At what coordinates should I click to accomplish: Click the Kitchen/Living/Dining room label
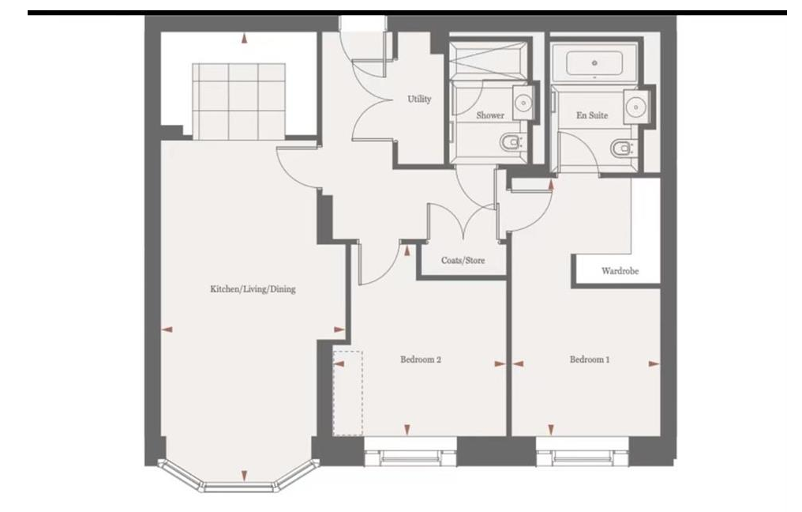(253, 289)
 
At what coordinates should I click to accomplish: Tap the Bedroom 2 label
(421, 360)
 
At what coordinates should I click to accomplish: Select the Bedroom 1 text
(589, 360)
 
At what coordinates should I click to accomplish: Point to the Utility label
(419, 99)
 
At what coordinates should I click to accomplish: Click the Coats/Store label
(463, 260)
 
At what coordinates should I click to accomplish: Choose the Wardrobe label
(620, 271)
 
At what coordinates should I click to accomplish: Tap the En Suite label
(592, 115)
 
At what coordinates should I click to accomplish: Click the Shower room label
(490, 115)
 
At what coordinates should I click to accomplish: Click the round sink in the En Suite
(636, 107)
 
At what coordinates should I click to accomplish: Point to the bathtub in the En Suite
(594, 63)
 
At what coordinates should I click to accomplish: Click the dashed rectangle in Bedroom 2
(348, 393)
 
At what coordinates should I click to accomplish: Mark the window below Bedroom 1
(582, 452)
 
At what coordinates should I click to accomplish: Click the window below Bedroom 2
(410, 452)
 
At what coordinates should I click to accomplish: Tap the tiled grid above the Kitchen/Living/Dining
(239, 101)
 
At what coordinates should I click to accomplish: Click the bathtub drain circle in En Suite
(594, 63)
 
